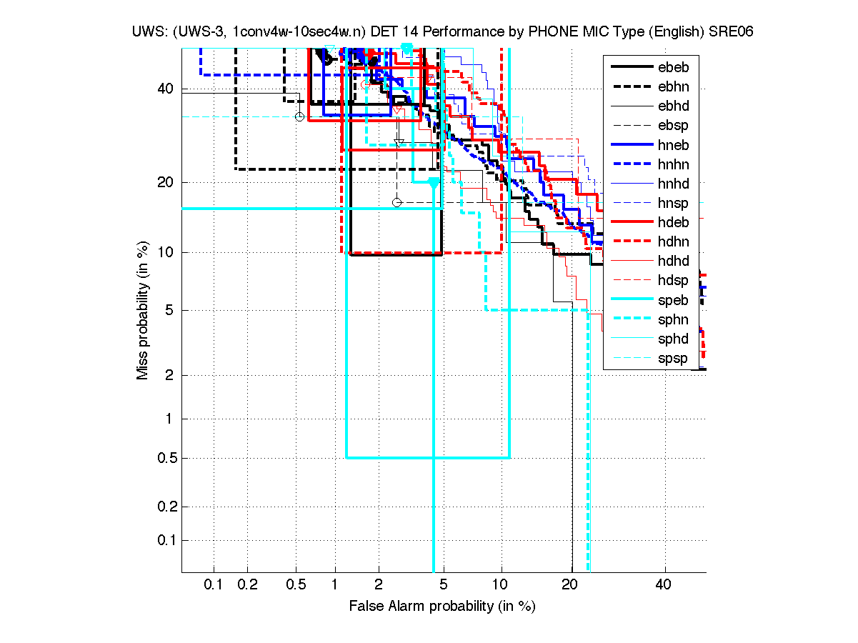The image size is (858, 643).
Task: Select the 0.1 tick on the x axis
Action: [214, 585]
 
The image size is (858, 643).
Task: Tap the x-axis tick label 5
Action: [444, 585]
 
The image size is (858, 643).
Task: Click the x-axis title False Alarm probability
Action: [442, 607]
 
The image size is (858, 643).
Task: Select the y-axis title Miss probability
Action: [144, 311]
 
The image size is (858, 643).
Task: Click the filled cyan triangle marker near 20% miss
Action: [433, 182]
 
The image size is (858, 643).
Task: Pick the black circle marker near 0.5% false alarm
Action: [300, 116]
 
